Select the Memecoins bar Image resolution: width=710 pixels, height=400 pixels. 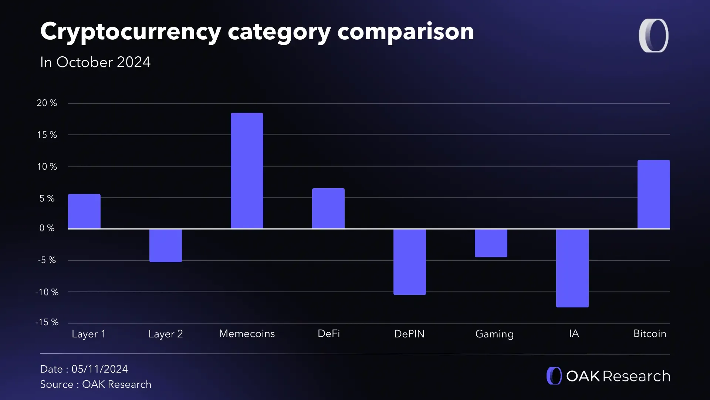point(247,171)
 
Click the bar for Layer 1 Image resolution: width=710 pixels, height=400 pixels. point(84,211)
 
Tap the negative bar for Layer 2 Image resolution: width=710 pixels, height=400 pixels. point(165,246)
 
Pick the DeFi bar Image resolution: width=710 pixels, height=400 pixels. point(328,208)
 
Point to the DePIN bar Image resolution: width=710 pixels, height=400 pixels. point(409,262)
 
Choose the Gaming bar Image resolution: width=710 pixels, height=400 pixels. point(491,243)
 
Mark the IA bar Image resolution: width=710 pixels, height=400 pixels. point(572,268)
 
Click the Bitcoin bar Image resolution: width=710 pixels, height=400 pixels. point(653,194)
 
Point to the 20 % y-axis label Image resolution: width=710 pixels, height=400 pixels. point(47,103)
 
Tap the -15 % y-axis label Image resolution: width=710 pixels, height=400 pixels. point(47,322)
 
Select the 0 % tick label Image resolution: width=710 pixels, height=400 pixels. point(47,228)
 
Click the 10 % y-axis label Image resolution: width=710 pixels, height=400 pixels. point(47,167)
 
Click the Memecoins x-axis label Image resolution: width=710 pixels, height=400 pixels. point(247,334)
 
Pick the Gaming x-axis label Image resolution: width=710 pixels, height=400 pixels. point(494,334)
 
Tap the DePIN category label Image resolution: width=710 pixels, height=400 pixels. point(409,334)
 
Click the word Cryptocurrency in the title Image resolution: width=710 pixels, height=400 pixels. point(131,32)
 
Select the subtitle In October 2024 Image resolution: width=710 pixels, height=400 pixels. point(95,62)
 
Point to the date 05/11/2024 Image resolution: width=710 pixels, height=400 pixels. point(99,369)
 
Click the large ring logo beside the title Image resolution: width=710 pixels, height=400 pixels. point(653,36)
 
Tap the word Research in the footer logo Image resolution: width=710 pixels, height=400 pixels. point(636,376)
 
